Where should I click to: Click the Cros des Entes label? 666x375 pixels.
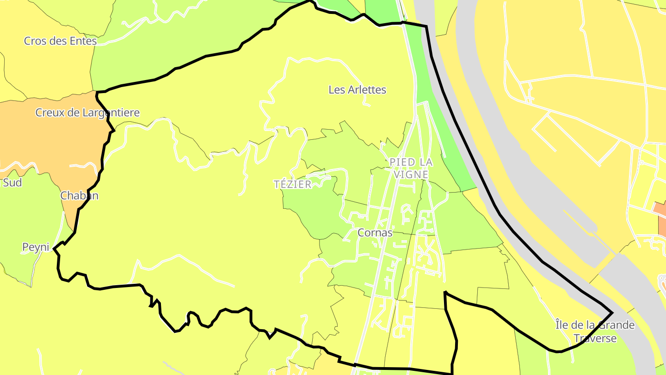pyautogui.click(x=61, y=41)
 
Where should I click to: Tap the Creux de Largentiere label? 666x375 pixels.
pyautogui.click(x=87, y=112)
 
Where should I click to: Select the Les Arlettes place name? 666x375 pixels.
pyautogui.click(x=357, y=90)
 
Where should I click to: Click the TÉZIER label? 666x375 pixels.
pyautogui.click(x=292, y=184)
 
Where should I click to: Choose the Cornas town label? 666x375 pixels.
pyautogui.click(x=375, y=232)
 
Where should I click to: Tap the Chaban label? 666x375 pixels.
pyautogui.click(x=80, y=196)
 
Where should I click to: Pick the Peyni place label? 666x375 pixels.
pyautogui.click(x=36, y=247)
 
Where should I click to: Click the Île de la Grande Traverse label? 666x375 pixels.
pyautogui.click(x=595, y=331)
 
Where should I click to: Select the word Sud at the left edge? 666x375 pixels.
pyautogui.click(x=12, y=182)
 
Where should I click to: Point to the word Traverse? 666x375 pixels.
pyautogui.click(x=595, y=338)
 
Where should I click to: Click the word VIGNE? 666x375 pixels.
pyautogui.click(x=411, y=175)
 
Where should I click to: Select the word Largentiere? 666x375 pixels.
pyautogui.click(x=111, y=112)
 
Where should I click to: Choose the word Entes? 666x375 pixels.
pyautogui.click(x=84, y=41)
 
